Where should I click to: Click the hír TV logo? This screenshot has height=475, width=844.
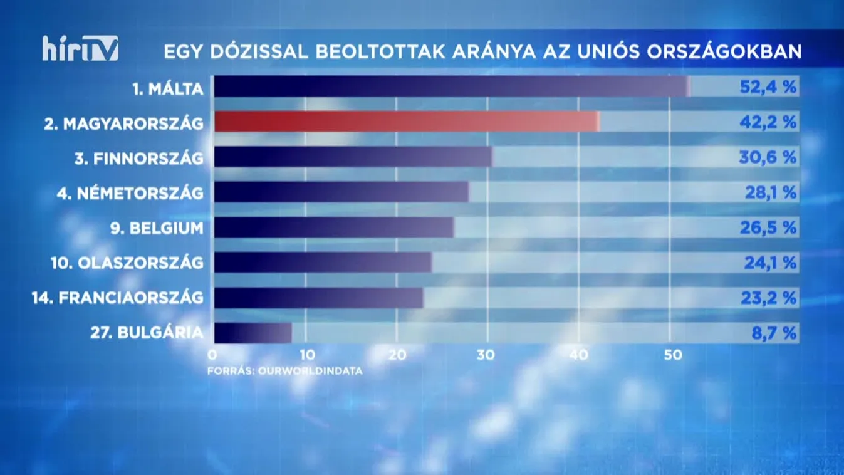(x=80, y=48)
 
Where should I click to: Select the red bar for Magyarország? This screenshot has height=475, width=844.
(x=406, y=122)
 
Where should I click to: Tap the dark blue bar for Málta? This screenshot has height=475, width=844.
(x=451, y=86)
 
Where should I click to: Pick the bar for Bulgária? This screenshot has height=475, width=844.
(x=253, y=333)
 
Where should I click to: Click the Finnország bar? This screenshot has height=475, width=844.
(x=353, y=157)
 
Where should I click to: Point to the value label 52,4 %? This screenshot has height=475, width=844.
(x=768, y=86)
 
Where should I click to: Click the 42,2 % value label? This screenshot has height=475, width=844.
(x=768, y=122)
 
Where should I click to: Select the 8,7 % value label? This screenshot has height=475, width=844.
(x=774, y=333)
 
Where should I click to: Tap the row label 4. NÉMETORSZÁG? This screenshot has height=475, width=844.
(x=130, y=192)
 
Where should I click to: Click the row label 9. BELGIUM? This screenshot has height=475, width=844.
(x=157, y=227)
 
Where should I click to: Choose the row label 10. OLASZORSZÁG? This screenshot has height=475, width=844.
(x=127, y=263)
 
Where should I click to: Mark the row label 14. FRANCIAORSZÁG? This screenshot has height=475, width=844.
(x=118, y=298)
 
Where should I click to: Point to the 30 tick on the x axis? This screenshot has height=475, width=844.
(x=486, y=355)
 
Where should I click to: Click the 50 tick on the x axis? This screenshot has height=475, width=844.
(x=669, y=355)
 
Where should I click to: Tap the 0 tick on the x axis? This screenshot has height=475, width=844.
(x=213, y=355)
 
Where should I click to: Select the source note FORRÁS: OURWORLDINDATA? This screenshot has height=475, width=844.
(x=285, y=370)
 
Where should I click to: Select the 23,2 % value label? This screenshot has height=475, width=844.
(x=770, y=298)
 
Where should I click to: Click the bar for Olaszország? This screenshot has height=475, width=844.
(x=323, y=263)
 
